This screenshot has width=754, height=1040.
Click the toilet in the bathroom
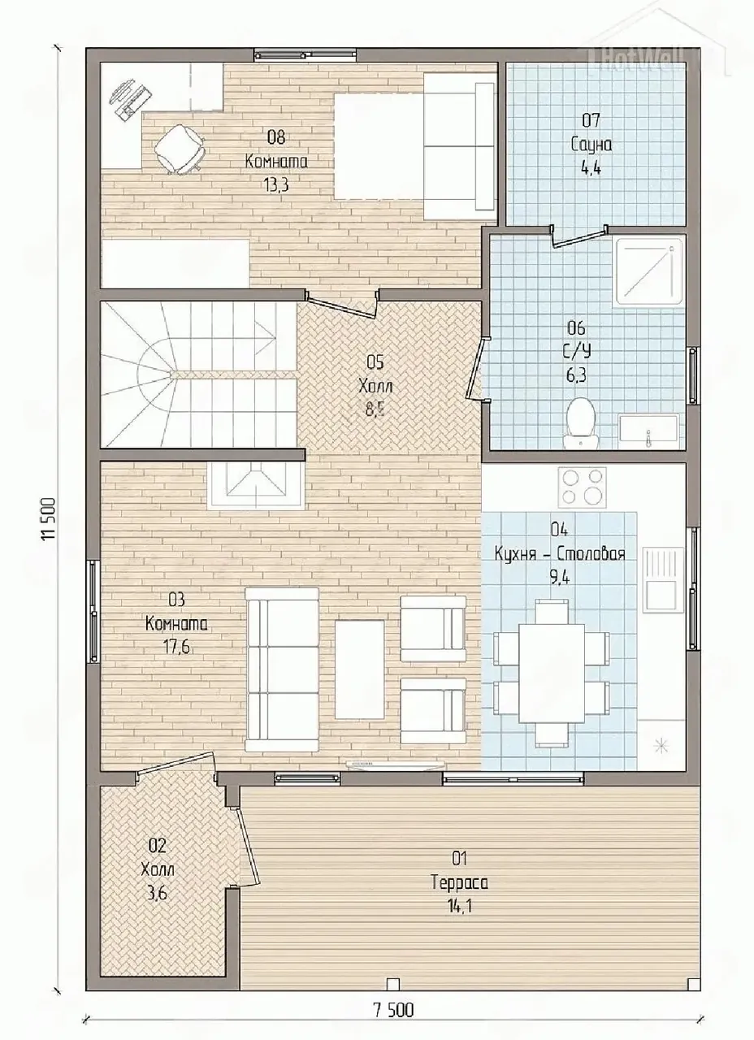coord(580,422)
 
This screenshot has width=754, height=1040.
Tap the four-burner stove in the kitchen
coord(583,487)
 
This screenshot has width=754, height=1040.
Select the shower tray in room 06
coord(649,271)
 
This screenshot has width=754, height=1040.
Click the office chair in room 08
coord(178,149)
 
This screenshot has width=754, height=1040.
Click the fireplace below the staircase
coord(257,486)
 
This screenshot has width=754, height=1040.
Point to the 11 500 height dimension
coord(48,518)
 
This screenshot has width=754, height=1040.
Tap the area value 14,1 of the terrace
coord(460,907)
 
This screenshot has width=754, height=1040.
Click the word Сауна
coord(591,145)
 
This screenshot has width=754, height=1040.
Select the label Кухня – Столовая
coord(560,554)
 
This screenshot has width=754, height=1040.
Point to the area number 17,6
coord(176,648)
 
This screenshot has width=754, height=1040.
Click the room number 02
coord(158,846)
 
